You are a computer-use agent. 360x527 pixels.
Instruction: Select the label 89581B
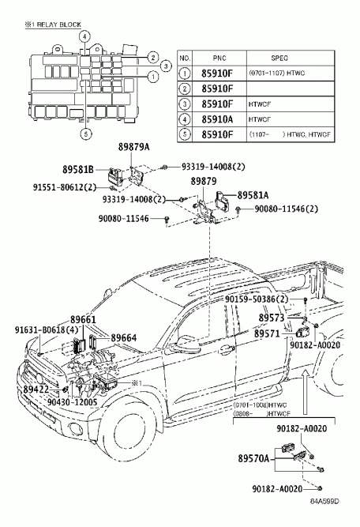(x=78, y=169)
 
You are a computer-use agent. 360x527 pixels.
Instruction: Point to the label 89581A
(x=253, y=194)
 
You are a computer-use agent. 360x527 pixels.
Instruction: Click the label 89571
(x=267, y=333)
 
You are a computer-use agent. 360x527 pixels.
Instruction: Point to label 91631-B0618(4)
(x=47, y=329)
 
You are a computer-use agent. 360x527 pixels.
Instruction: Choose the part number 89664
(x=123, y=337)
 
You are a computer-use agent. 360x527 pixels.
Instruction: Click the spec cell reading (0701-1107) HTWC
(x=280, y=73)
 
